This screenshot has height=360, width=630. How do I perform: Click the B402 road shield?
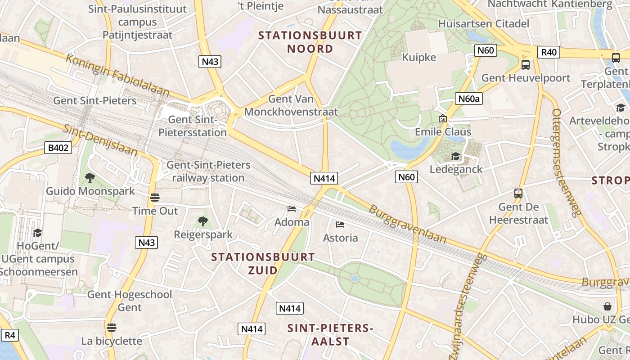58,147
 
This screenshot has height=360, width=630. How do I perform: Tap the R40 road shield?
549,52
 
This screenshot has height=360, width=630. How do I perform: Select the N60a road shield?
468,99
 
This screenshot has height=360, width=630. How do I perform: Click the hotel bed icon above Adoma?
292,209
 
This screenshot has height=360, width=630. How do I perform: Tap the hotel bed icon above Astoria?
340,224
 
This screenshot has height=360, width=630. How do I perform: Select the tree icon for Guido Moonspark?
90,178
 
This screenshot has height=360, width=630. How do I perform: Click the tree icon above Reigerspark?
203,221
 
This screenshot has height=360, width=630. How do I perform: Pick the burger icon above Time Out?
155,198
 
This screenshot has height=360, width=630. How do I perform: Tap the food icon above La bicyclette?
112,327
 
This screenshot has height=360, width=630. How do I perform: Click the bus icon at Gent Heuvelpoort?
525,65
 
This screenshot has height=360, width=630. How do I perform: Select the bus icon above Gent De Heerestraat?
518,193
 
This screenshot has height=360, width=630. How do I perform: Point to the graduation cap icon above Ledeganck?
456,156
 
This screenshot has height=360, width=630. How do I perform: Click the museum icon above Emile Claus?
443,118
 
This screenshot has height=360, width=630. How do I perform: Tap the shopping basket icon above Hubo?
607,306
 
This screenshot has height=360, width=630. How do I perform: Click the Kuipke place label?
419,57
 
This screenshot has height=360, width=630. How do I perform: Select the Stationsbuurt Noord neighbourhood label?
310,42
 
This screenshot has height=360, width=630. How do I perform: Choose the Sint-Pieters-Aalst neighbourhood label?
330,334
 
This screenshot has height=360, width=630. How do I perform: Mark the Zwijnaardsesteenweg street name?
469,297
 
